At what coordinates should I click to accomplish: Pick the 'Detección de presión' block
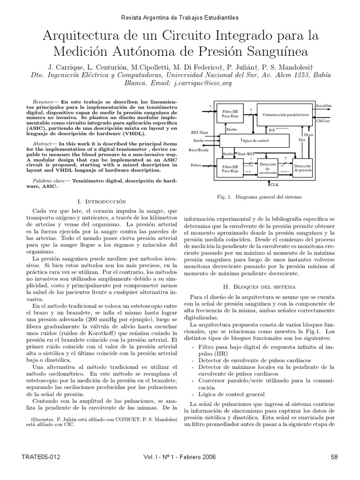pos(302,168)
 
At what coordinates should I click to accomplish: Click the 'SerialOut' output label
pos(324,106)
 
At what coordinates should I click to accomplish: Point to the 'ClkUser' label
pos(323,121)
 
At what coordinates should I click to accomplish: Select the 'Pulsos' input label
pos(196,165)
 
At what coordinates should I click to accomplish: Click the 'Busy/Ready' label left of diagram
pos(198,150)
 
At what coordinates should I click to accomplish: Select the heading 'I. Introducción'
pos(102,201)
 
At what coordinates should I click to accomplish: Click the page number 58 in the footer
pos(334,457)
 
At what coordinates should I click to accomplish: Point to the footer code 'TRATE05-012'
pos(41,457)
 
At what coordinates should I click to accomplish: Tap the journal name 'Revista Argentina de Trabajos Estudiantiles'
pos(180,17)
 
